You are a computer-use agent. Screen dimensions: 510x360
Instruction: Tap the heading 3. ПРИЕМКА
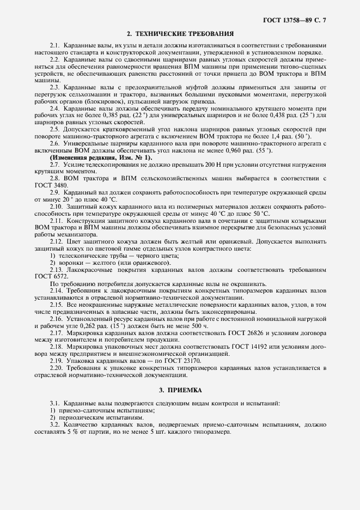coord(180,391)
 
